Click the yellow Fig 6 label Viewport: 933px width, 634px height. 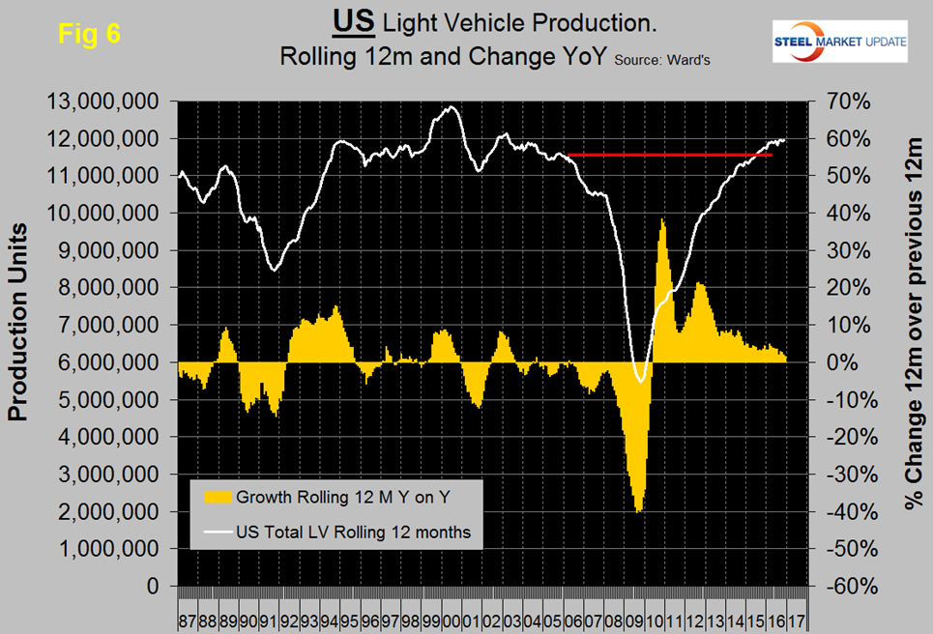89,32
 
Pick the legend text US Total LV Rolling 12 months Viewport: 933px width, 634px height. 353,531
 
